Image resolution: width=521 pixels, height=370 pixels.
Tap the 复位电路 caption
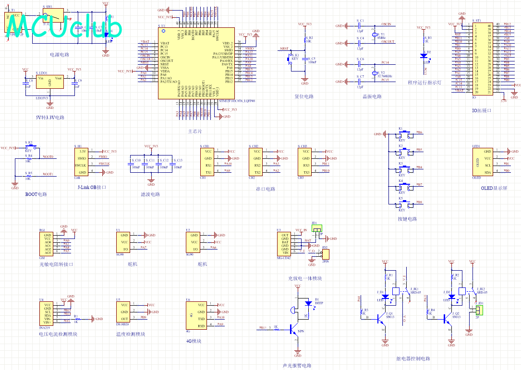304,96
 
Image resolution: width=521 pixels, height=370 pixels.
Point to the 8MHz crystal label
381,38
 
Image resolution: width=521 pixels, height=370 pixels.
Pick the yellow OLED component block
483,161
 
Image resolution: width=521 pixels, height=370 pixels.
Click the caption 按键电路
407,219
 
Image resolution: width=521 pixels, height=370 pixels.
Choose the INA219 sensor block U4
48,313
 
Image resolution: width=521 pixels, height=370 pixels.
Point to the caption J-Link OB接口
92,188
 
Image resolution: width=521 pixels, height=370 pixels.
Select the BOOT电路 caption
36,194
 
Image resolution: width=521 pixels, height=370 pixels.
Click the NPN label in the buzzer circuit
301,331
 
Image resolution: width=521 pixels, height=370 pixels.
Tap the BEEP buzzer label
319,303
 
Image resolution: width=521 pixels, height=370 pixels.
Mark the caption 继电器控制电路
413,358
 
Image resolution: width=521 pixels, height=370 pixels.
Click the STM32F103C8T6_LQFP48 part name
236,101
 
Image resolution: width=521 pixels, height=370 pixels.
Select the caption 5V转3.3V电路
50,117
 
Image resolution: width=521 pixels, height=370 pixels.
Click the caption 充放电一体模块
304,278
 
